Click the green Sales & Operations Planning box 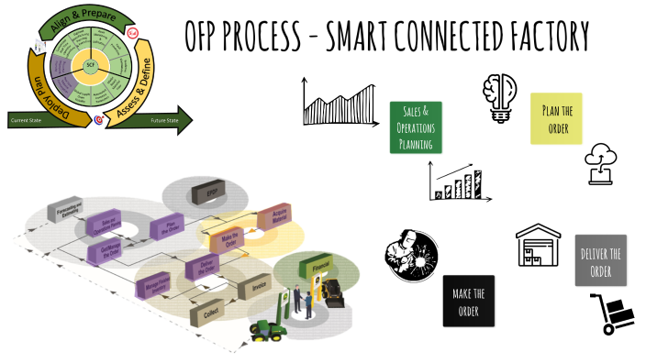416,126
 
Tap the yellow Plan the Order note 556,118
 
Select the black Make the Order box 468,301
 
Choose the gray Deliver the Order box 600,260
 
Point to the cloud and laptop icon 604,164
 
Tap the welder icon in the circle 411,253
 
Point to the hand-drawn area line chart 339,101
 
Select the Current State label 27,120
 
